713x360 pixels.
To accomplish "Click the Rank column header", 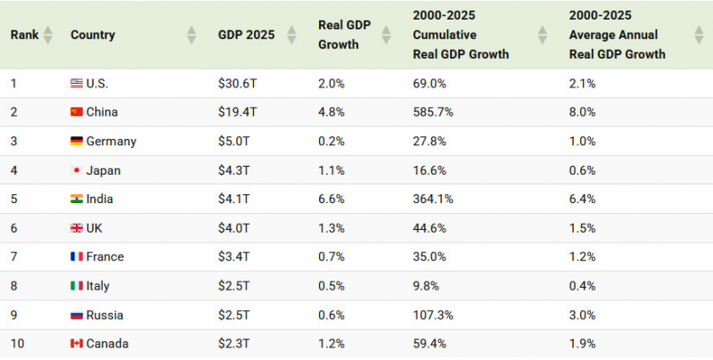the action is pos(25,35).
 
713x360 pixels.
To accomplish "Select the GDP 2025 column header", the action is pos(247,35).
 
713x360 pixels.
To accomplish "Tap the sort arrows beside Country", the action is pos(192,35).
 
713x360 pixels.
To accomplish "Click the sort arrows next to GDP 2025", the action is pos(291,35).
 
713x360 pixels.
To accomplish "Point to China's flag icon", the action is pos(77,111).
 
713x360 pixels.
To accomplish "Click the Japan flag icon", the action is pos(77,170).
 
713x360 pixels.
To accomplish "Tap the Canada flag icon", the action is pos(77,344).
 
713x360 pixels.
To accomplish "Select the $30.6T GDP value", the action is pos(237,84).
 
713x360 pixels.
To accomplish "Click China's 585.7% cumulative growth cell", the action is pos(433,112).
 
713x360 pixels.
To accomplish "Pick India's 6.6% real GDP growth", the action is pos(331,199).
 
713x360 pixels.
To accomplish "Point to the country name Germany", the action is pos(111,142).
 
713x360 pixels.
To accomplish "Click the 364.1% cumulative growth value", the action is pos(433,199).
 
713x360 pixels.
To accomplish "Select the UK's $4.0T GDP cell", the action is pos(234,228).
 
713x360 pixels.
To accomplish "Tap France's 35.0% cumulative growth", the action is pos(430,257).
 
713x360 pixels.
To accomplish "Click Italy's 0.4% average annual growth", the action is pos(582,286).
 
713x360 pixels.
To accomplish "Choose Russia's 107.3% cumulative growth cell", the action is pos(433,315).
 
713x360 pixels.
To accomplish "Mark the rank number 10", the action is pos(17,344).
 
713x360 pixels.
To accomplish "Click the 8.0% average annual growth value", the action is pos(582,112).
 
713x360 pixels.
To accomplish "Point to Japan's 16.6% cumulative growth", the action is pos(430,170).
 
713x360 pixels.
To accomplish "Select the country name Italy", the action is pos(98,286).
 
